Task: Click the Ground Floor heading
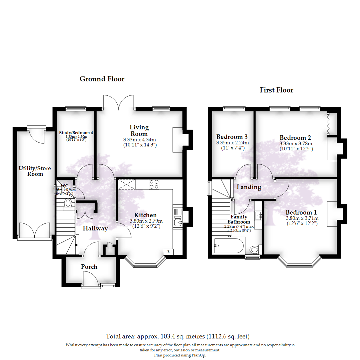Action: pyautogui.click(x=102, y=79)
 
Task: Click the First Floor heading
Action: pyautogui.click(x=276, y=90)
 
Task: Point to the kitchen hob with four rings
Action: pyautogui.click(x=154, y=184)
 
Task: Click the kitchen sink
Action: pyautogui.click(x=177, y=221)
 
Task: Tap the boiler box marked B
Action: pyautogui.click(x=168, y=252)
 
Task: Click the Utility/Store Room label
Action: pyautogui.click(x=35, y=171)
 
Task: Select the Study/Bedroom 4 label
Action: pyautogui.click(x=76, y=132)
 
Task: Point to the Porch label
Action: pyautogui.click(x=89, y=267)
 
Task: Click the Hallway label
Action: pyautogui.click(x=95, y=228)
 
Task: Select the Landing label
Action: pyautogui.click(x=249, y=187)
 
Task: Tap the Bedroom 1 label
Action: pyautogui.click(x=301, y=212)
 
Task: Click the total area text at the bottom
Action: pyautogui.click(x=178, y=336)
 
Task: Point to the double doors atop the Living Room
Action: pyautogui.click(x=119, y=102)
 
